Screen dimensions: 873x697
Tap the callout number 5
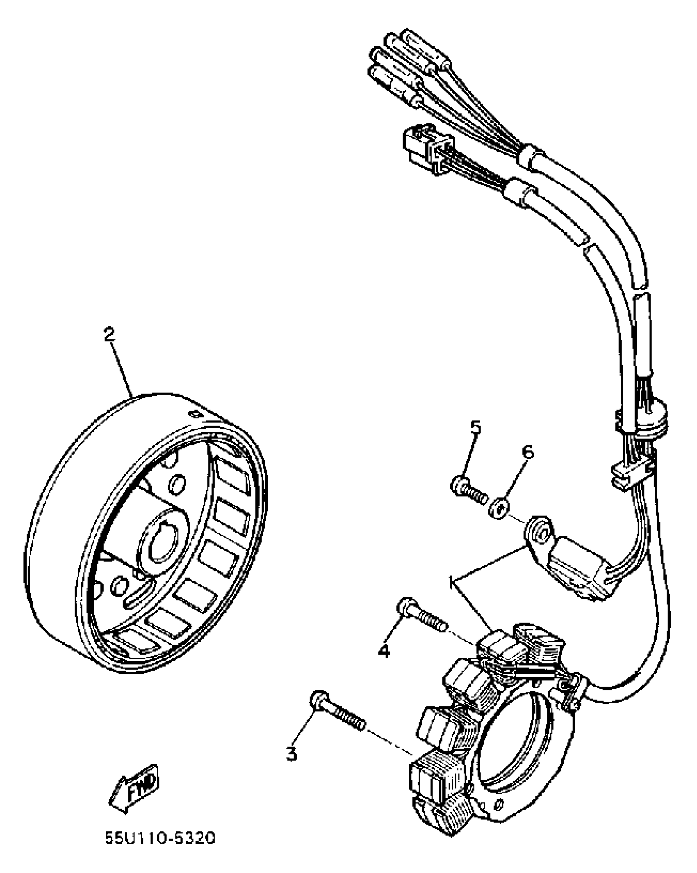coord(475,428)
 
